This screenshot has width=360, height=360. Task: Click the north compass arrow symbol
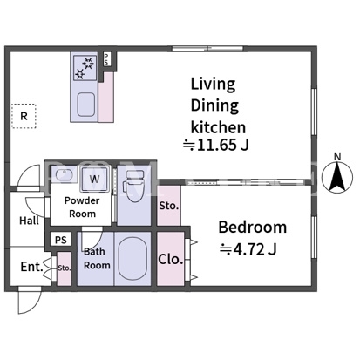coord(337,177)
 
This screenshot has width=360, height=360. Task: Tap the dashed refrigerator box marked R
coord(24,116)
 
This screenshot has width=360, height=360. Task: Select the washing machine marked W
coord(95,179)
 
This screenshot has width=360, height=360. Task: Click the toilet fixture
coord(134,186)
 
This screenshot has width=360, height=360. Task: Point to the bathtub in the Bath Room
coord(132,259)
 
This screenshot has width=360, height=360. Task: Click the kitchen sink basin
coord(85,105)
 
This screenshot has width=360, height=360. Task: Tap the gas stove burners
coord(85,68)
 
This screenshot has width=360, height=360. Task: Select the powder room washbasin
coord(65,175)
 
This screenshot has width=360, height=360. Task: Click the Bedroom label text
coord(252,227)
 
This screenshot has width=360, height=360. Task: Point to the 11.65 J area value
coord(216,145)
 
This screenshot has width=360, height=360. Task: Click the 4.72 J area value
coord(248,249)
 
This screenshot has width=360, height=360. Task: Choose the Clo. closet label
coord(171,259)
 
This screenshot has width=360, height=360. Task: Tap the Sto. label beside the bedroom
coord(169,206)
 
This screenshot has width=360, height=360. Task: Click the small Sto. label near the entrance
coord(65,268)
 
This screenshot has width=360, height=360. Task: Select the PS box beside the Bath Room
coord(61,240)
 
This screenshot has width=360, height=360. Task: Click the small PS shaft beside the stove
coord(106,59)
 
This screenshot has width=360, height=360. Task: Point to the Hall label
coord(29,221)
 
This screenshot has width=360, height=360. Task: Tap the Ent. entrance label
coord(32,267)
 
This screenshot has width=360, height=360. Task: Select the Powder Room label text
coord(82,207)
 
